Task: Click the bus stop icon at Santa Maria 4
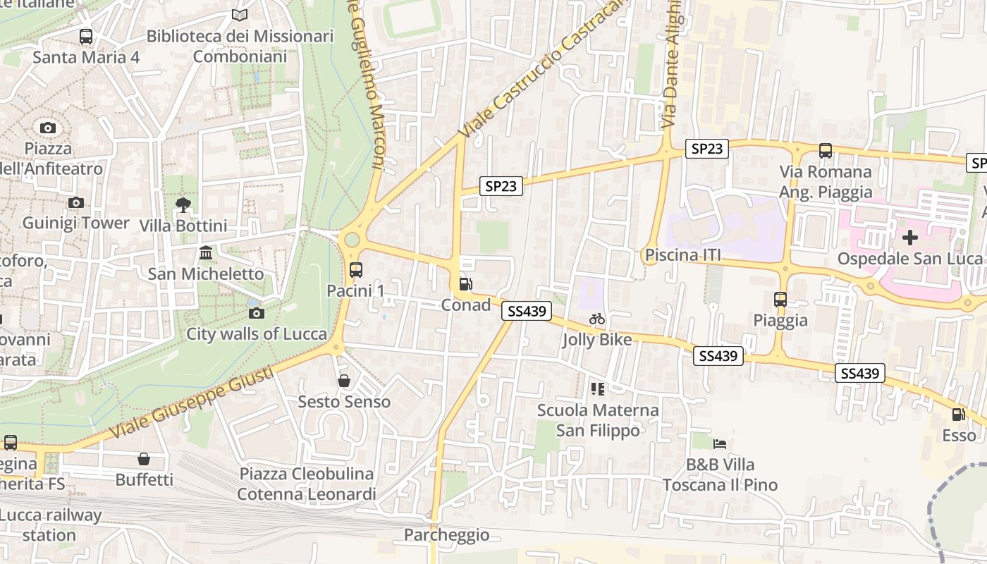tap(86, 36)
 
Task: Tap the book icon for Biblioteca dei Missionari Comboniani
tap(240, 15)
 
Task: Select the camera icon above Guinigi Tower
tap(75, 203)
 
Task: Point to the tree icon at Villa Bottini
tap(183, 205)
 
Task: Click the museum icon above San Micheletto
tap(206, 252)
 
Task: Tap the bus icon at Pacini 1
tap(356, 269)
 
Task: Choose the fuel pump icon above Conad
tap(465, 284)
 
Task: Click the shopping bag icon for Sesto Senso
tap(344, 381)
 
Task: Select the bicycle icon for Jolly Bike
tap(597, 319)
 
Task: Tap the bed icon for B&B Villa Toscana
tap(720, 444)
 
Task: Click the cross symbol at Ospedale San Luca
tap(910, 238)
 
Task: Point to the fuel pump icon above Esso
tap(959, 415)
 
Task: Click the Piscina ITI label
tap(683, 255)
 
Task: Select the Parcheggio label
tap(446, 535)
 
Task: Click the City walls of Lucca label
tap(257, 334)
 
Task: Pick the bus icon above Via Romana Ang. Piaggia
tap(826, 150)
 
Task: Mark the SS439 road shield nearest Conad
tap(527, 311)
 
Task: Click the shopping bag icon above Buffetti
tap(144, 459)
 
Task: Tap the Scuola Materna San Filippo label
tap(598, 420)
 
